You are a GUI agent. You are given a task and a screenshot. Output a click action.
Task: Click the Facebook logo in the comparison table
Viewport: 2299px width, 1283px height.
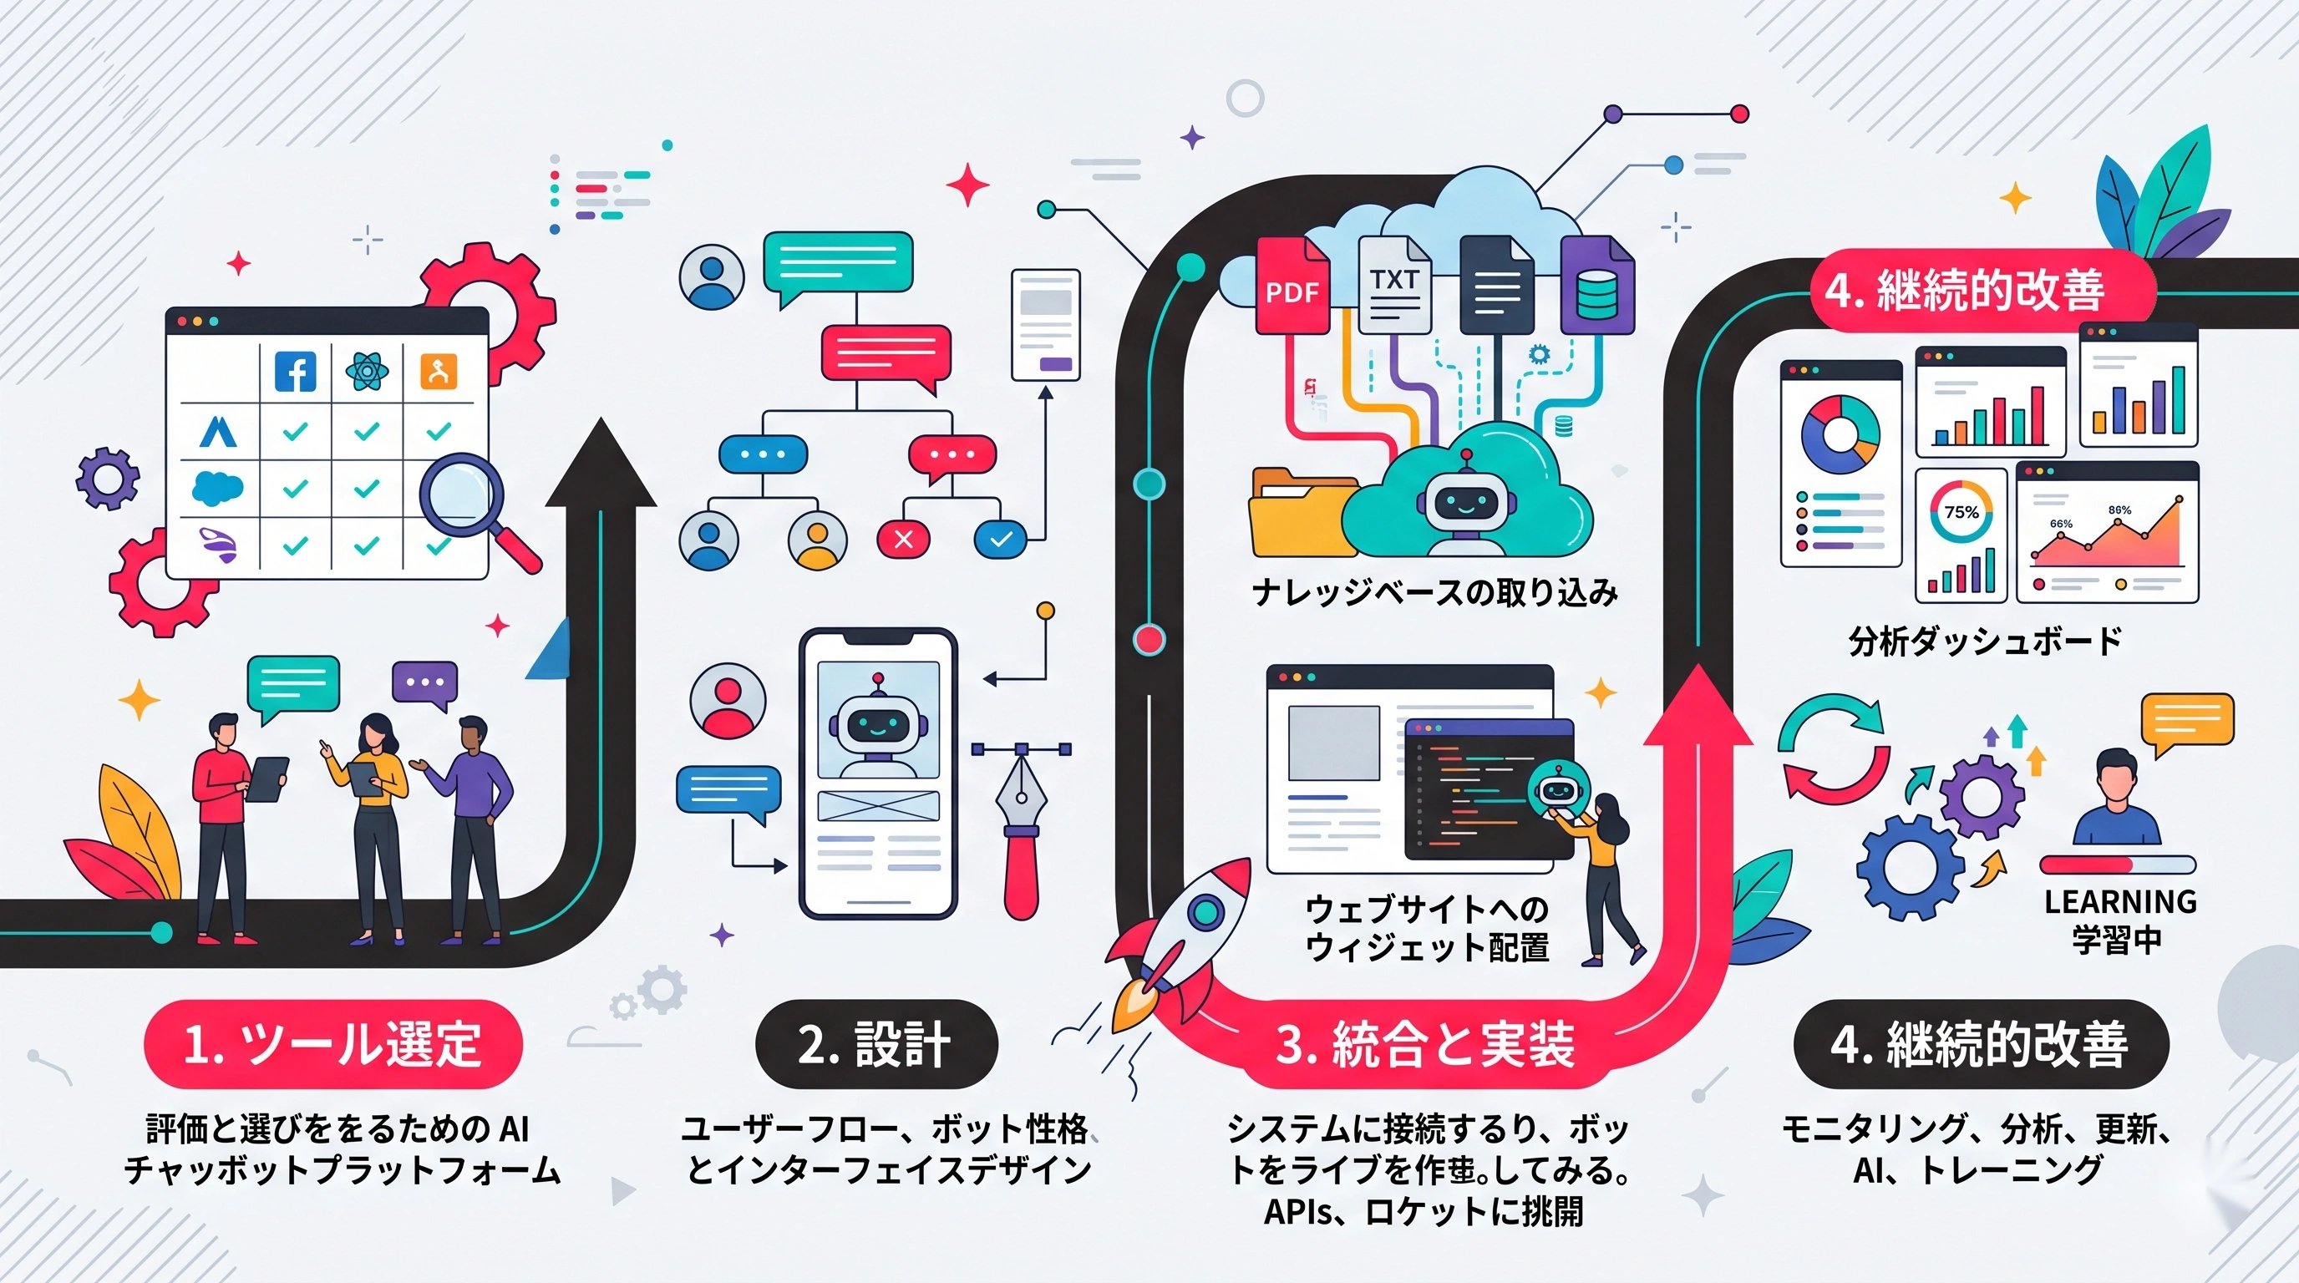(x=296, y=371)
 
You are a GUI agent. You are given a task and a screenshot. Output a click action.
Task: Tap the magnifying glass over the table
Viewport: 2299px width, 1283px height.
(x=462, y=498)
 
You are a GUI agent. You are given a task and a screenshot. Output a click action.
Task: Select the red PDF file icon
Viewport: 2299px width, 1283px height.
(x=1292, y=287)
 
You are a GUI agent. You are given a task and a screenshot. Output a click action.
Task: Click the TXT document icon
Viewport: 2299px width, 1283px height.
(x=1394, y=286)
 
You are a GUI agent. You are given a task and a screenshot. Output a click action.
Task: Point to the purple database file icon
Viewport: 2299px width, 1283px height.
(x=1596, y=287)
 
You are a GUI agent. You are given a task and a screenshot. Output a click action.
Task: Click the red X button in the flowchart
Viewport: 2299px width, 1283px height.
(x=903, y=539)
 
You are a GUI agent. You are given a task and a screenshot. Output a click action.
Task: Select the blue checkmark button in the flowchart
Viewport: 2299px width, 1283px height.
(x=1001, y=539)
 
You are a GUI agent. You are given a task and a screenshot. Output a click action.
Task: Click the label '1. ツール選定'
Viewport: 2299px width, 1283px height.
(x=332, y=1044)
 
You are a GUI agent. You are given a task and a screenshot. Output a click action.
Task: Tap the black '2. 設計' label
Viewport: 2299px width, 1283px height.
(x=875, y=1044)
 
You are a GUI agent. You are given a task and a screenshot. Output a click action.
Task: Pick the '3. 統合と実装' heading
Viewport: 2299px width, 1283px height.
(x=1425, y=1044)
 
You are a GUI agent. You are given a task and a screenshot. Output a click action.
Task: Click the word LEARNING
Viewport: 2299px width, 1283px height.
(x=2119, y=902)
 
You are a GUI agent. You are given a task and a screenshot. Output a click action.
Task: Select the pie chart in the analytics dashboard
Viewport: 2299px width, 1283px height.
(x=1840, y=434)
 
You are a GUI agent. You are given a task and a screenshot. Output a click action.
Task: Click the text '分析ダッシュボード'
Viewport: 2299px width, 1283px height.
(x=1985, y=641)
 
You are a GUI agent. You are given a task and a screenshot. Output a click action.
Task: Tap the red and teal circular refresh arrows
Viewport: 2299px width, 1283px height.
(x=1833, y=748)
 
